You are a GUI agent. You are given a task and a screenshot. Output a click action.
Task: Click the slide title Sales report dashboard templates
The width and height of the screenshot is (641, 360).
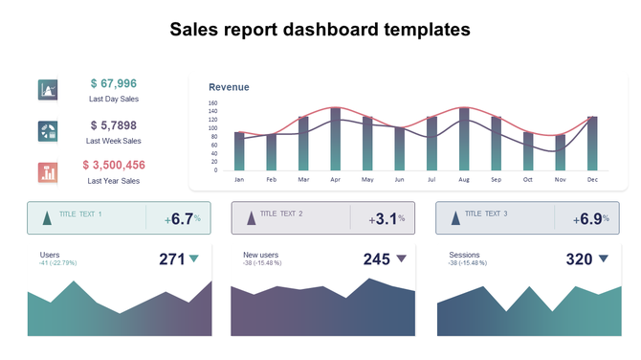320,30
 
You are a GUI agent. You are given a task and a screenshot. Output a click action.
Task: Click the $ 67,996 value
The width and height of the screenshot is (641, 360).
114,84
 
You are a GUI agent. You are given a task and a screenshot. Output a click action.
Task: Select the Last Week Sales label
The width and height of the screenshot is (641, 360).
114,141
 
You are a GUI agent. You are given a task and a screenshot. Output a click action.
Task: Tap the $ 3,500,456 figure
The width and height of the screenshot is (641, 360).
114,165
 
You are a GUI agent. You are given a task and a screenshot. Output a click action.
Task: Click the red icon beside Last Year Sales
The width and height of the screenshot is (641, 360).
48,172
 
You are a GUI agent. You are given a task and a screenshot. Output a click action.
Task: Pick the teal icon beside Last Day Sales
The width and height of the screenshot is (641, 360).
48,90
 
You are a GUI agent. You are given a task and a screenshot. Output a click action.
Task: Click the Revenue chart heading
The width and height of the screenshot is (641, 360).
229,87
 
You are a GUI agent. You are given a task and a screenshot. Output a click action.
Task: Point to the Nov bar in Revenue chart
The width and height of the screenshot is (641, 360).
561,152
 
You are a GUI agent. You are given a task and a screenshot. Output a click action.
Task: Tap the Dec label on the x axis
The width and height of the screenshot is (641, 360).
592,179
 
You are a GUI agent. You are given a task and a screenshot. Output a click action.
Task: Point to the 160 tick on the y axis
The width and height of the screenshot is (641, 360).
212,103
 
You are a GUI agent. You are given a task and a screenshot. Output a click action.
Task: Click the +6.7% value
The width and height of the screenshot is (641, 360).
182,219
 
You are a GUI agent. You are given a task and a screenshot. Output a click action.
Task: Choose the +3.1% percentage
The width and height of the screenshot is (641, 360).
387,219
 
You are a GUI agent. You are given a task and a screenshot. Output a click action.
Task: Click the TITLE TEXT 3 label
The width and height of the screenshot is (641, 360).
486,214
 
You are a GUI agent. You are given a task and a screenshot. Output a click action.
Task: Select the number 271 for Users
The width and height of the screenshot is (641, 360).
171,259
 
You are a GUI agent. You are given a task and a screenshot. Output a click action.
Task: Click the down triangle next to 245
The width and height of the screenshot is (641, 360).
402,259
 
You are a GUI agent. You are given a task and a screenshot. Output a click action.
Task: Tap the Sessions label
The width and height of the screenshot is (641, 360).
464,255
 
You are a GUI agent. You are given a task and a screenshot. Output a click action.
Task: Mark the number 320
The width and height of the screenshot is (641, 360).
579,259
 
